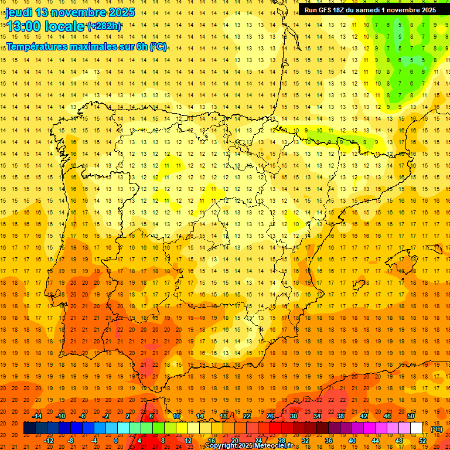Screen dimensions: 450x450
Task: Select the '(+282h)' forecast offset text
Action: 104,26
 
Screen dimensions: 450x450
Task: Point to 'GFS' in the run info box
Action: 328,10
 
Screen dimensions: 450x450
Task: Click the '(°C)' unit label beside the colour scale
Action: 437,429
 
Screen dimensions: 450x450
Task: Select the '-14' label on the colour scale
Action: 37,416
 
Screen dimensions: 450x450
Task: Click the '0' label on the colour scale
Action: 116,441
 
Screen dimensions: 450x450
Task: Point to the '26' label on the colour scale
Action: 270,416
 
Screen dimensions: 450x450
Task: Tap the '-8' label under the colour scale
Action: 71,441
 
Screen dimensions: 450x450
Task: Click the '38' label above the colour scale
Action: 340,416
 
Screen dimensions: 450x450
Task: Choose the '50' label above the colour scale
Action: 411,416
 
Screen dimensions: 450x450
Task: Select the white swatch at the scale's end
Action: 417,428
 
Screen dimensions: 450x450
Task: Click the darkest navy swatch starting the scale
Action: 29,428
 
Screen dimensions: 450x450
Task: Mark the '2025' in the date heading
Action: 117,12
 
